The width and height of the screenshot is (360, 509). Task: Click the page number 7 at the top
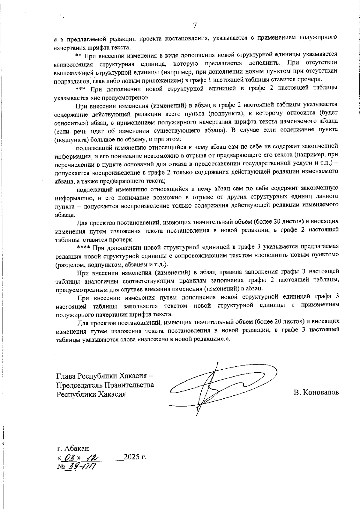click(195, 25)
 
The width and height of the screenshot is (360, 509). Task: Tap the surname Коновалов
click(316, 392)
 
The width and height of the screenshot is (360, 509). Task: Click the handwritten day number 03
click(68, 457)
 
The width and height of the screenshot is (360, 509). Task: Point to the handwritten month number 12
click(92, 457)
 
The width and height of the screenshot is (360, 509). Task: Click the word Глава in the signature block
click(66, 376)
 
